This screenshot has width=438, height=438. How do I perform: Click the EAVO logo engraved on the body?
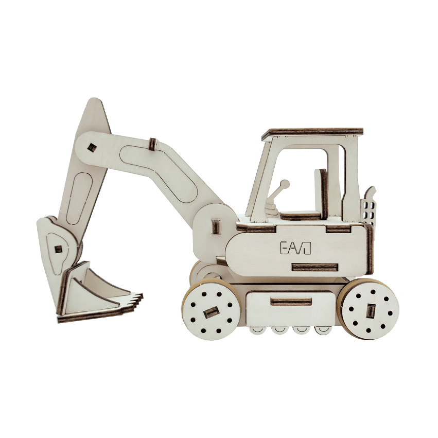click(x=295, y=248)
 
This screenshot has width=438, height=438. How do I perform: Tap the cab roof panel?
click(x=312, y=133)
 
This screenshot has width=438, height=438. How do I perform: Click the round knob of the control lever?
click(x=285, y=184)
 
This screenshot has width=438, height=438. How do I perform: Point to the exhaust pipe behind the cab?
click(x=370, y=205)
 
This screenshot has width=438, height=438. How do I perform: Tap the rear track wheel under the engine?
click(x=368, y=309)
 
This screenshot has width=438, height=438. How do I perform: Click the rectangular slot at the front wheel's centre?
click(x=211, y=312)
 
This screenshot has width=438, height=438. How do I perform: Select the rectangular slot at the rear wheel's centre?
click(x=370, y=311)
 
